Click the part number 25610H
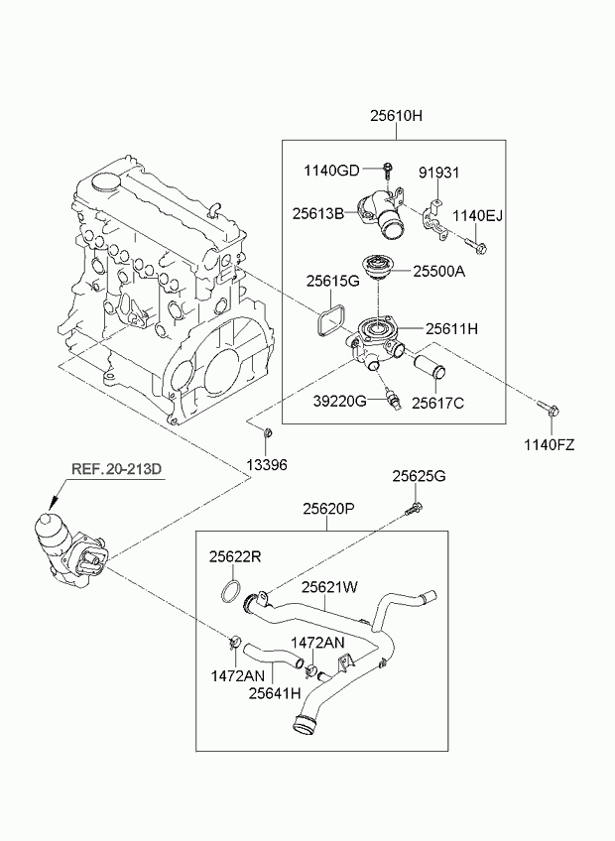pos(396,116)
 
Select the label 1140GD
pos(332,171)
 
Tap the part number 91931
pos(438,172)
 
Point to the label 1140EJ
pos(479,215)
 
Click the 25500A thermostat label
pos(438,270)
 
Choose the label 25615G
pos(331,282)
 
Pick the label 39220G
pos(340,400)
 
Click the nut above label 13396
pos(267,432)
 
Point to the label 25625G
pos(419,477)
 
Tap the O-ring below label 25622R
pos(232,593)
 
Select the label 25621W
pos(329,587)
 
